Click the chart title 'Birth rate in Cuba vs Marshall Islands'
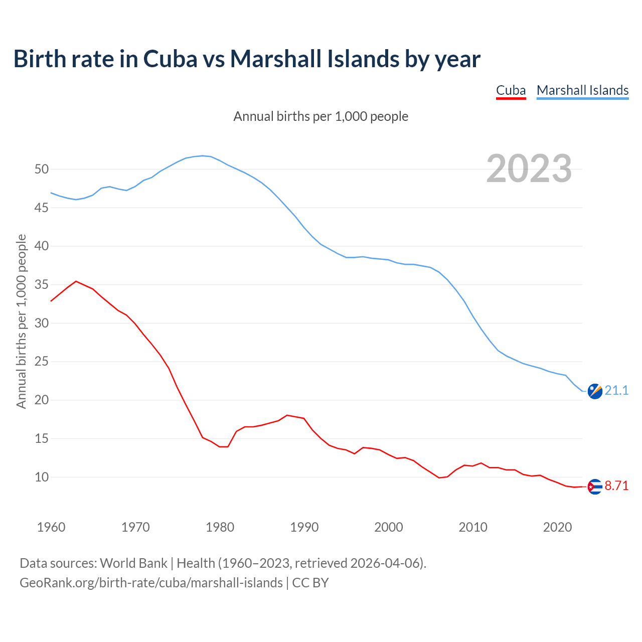(247, 59)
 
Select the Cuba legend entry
(511, 90)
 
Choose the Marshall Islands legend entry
(582, 90)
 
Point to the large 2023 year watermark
(529, 169)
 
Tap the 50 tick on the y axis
(42, 169)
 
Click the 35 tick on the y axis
(42, 285)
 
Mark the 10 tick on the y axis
(42, 477)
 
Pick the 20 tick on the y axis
(42, 400)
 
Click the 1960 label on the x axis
(51, 527)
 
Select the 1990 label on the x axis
(304, 527)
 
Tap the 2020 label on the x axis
(557, 527)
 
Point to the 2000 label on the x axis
(389, 527)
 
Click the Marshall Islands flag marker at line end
(595, 391)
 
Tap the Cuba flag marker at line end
(595, 487)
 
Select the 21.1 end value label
(616, 390)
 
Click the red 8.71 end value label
(616, 486)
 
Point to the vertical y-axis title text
(22, 321)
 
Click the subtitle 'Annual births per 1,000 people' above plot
(320, 116)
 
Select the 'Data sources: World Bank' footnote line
(223, 563)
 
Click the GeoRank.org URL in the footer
(151, 583)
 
